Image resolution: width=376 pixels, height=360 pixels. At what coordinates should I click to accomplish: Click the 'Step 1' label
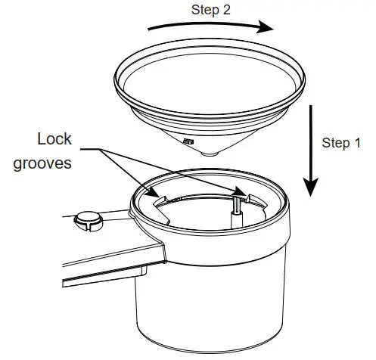tap(341, 143)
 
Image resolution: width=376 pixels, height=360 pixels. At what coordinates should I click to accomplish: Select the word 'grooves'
tap(42, 163)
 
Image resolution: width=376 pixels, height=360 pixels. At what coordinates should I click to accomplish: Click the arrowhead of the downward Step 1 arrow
tap(310, 186)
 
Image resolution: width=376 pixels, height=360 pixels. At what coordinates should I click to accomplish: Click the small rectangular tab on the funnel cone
tap(187, 141)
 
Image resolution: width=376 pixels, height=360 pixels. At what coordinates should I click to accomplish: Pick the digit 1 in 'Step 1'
tap(356, 143)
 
